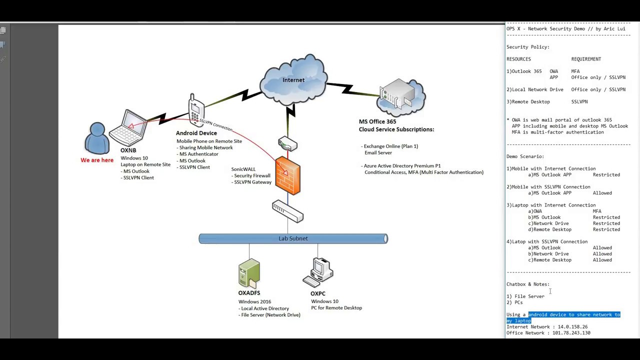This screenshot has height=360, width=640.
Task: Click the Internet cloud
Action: coord(293,80)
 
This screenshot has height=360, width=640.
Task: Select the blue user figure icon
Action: coord(97,138)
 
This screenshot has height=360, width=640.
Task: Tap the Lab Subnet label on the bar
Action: coord(293,238)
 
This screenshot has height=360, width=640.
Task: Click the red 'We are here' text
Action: coord(97,160)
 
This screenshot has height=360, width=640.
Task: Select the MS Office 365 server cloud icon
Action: coord(401,97)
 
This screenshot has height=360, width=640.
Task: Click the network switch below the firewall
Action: coord(287,211)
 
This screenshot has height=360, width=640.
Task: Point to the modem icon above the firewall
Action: coord(287,144)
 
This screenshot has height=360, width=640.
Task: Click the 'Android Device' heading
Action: coord(196,133)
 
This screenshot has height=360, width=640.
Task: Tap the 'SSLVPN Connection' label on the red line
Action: coord(216,124)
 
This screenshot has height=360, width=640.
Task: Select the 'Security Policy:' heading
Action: coord(527,47)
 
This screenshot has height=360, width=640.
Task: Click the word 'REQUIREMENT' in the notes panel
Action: coord(586,59)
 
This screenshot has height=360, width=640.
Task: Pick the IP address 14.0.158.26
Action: coord(572,326)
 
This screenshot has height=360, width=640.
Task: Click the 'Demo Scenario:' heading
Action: coord(525,156)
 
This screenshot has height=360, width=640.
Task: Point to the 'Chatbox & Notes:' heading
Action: coord(527,284)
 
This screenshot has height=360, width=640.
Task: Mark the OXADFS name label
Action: coord(249,293)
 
